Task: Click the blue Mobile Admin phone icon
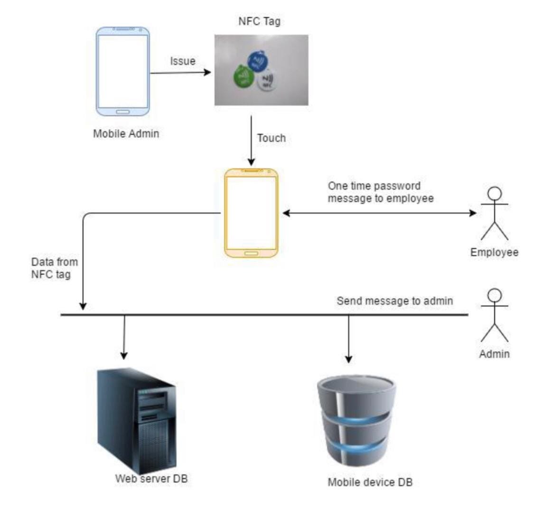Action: click(122, 71)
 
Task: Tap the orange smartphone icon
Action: click(251, 213)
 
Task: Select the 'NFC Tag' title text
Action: click(259, 21)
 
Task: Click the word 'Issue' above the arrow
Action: click(183, 61)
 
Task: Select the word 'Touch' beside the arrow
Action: click(271, 138)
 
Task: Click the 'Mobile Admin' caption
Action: click(126, 133)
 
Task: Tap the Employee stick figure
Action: click(495, 213)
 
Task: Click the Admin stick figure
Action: click(495, 315)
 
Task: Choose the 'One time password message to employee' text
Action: click(380, 192)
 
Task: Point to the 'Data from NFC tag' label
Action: click(54, 268)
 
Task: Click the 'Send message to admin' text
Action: click(394, 301)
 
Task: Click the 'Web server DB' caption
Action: click(151, 478)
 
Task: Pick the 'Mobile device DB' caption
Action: click(370, 482)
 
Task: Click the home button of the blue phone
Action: click(122, 111)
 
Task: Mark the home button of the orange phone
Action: click(251, 253)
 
